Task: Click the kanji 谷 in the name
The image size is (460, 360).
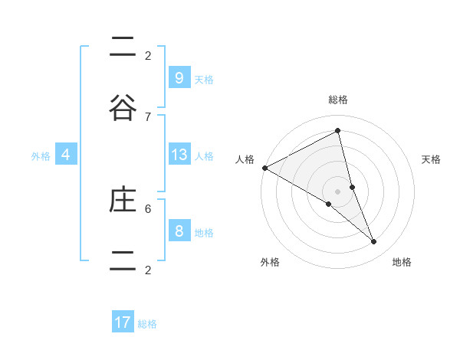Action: pos(123,110)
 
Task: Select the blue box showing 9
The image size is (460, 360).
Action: pos(179,78)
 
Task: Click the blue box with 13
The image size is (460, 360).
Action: pos(179,155)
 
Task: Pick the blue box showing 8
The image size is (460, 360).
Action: pos(179,231)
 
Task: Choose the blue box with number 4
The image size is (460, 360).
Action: pos(66,155)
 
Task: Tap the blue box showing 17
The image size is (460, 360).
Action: pos(123,322)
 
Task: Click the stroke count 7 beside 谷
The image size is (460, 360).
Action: pos(148,116)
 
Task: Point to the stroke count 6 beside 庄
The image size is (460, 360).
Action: pos(148,208)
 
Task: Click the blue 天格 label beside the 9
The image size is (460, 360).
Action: pos(204,79)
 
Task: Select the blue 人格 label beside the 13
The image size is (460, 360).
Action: pos(204,155)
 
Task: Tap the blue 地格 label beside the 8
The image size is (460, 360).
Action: pos(204,232)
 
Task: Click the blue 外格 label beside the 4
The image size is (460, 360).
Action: pos(41,155)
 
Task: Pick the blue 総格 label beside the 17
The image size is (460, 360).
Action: pos(147,323)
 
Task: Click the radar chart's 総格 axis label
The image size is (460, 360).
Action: pos(338,100)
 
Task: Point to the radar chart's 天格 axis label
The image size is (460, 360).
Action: pos(432,159)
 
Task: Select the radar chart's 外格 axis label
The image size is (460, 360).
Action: pos(270,262)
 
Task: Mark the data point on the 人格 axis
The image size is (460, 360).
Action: pos(264,168)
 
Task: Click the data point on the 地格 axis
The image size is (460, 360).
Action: pos(374,241)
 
